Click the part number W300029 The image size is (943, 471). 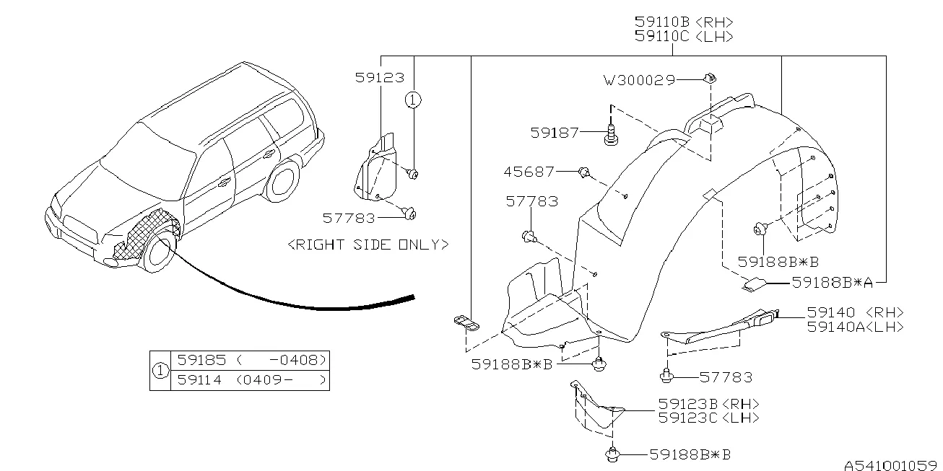tap(639, 80)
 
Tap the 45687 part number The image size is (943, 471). tap(529, 172)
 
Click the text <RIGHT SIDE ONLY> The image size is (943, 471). tap(368, 245)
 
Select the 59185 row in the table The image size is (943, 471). tap(249, 360)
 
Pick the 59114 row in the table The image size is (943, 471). tap(249, 379)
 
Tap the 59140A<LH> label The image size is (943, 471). tap(855, 327)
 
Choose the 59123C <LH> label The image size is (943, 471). tap(708, 418)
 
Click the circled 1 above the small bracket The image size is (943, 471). tap(412, 100)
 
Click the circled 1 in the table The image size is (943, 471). tap(159, 370)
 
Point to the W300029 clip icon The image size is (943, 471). tap(709, 77)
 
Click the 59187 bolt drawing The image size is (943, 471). tap(612, 134)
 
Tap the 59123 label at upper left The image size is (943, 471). tap(379, 76)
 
